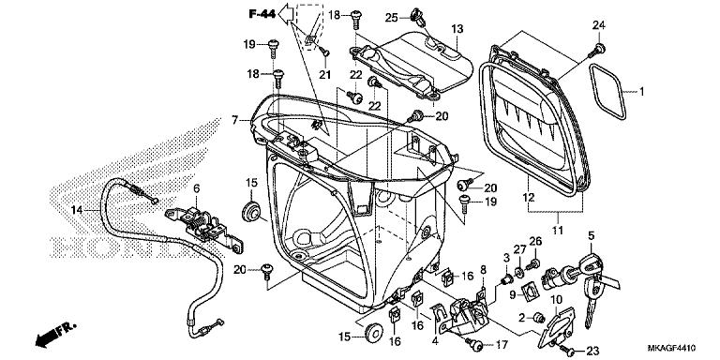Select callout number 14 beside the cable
[77, 208]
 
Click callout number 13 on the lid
[457, 30]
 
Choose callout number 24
[598, 24]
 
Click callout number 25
[392, 16]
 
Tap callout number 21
[326, 75]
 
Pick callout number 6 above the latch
[197, 188]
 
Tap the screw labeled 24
[597, 45]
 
